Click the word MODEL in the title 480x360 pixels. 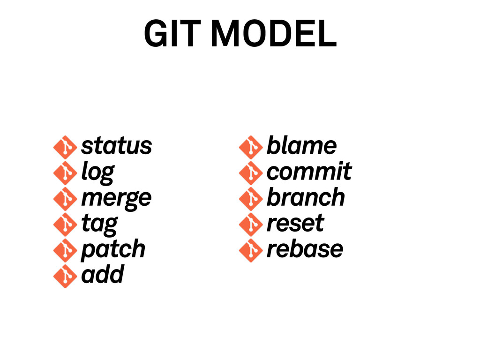tap(274, 35)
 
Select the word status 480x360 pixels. tap(116, 146)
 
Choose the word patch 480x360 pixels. tap(113, 249)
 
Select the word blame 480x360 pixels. tap(301, 146)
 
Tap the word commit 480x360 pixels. tap(309, 172)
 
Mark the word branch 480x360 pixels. tap(306, 197)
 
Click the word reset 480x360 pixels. tap(295, 223)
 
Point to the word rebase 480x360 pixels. tap(305, 249)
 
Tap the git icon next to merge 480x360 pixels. tap(65, 199)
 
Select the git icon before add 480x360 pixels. tap(65, 276)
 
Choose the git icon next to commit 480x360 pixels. tap(250, 173)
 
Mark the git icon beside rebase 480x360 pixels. tap(250, 250)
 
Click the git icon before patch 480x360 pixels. tap(65, 250)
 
